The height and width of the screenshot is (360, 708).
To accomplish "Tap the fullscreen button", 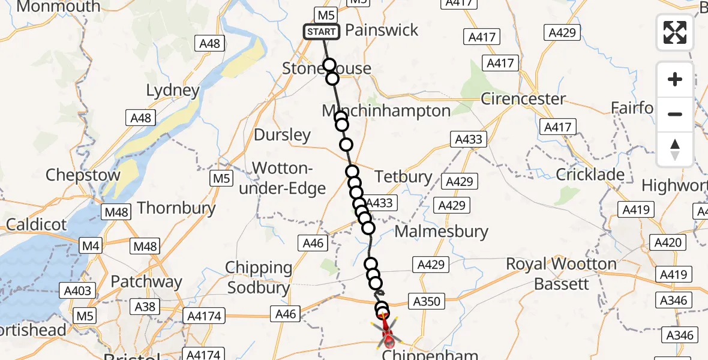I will coord(675,32).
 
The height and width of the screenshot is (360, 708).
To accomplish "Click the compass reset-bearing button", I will coord(675,149).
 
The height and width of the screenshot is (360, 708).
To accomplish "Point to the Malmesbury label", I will coord(442,231).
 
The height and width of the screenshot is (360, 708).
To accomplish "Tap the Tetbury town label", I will coord(403,176).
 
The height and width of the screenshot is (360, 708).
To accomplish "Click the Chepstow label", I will coord(83,176).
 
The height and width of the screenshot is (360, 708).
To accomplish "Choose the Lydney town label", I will coord(173,91).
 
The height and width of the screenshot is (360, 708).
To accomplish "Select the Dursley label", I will coord(282,135).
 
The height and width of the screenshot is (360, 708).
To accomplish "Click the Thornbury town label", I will coord(176,208).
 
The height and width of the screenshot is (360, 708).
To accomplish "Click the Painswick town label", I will coord(382,31).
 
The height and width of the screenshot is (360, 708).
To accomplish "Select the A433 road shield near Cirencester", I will coord(468,139).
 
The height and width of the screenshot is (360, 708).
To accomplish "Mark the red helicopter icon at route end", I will coord(387,334).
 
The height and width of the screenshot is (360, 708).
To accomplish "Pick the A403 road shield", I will coord(78,291).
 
